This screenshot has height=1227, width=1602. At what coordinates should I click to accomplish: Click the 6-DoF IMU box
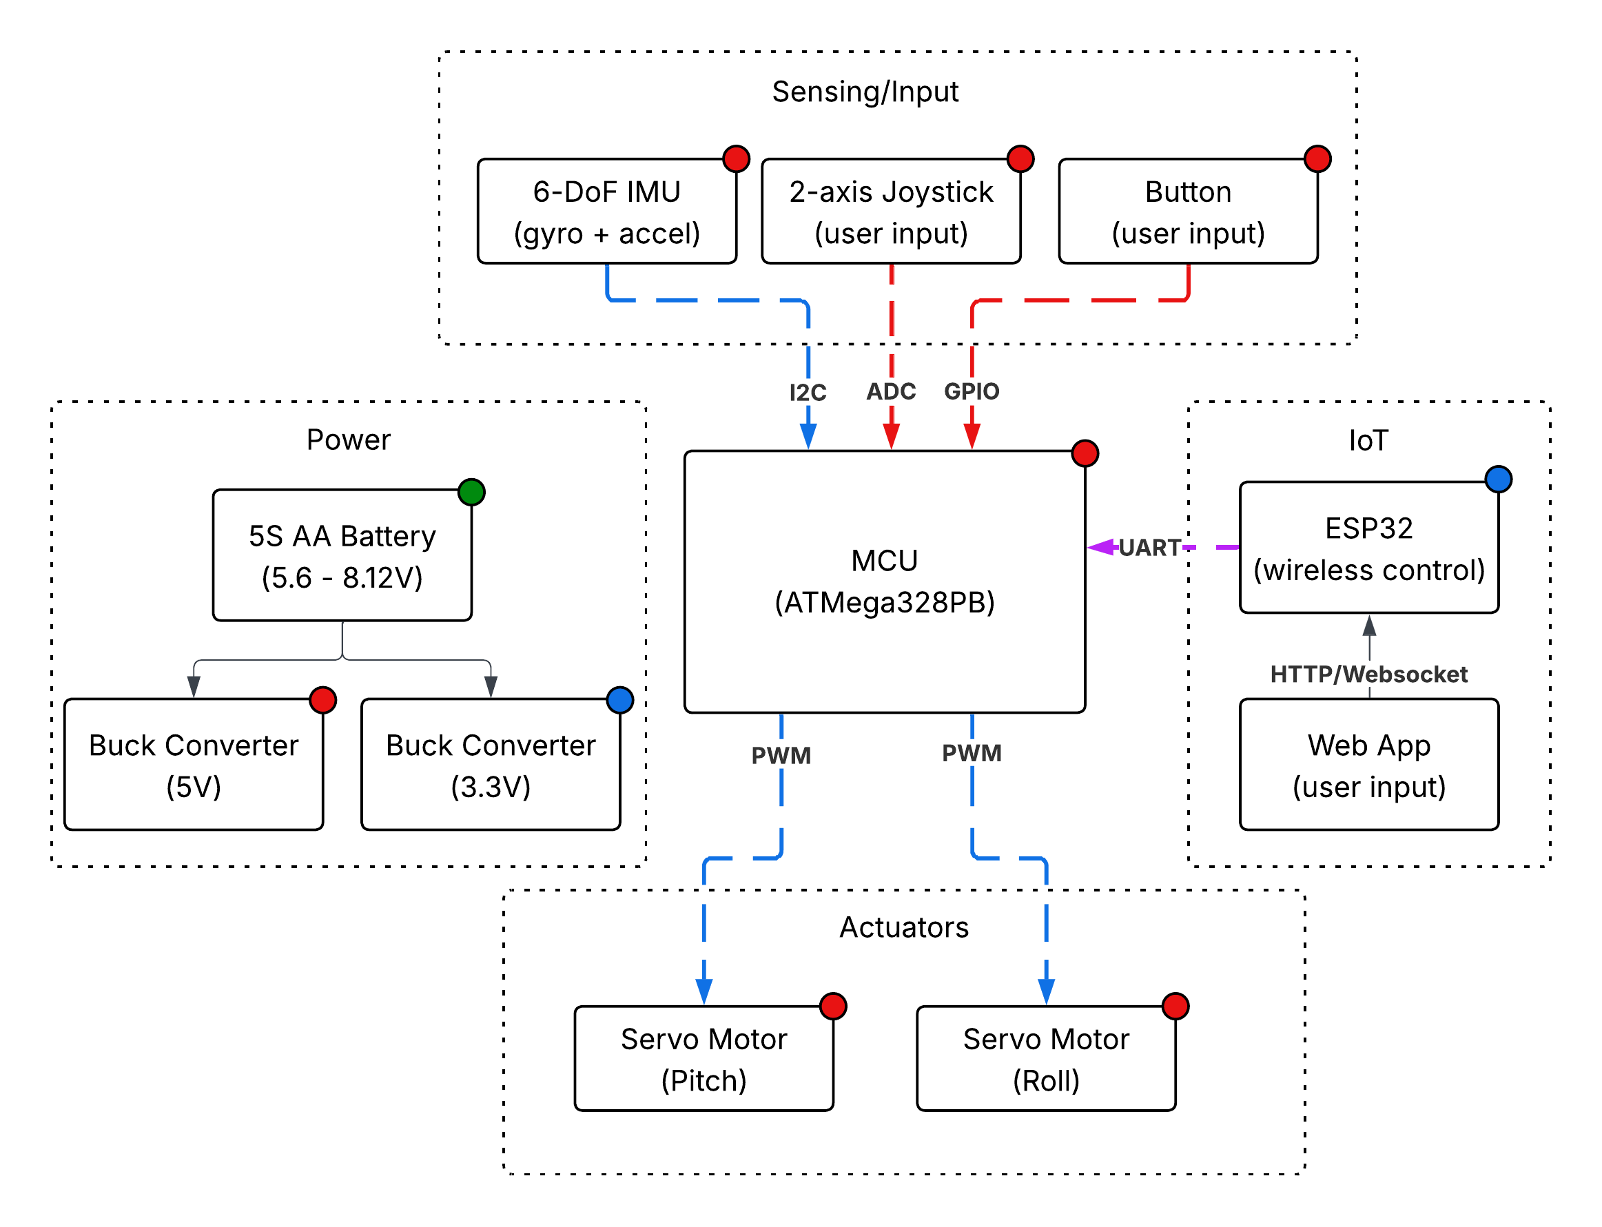(606, 212)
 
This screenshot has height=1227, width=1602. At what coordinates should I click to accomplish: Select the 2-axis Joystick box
(890, 212)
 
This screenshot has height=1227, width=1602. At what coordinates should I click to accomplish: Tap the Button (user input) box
(1188, 212)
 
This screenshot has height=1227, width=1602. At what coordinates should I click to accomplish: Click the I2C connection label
(808, 393)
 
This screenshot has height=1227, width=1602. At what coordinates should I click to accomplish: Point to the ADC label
(890, 391)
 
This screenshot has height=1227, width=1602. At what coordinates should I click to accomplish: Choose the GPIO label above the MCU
(971, 391)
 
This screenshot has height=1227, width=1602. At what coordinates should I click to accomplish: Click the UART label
(1149, 548)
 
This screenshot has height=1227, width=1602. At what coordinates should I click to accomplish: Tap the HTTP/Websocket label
(1368, 674)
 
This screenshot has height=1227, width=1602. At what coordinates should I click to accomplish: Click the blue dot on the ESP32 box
(1497, 479)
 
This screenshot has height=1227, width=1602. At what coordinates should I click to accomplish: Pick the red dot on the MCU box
(1085, 453)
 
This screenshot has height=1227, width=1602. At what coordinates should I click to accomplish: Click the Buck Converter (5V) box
(194, 765)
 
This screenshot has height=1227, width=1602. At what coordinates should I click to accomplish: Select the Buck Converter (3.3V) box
(490, 765)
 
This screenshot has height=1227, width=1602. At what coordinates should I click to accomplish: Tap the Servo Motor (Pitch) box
(704, 1058)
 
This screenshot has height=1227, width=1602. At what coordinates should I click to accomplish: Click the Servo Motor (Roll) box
(1045, 1058)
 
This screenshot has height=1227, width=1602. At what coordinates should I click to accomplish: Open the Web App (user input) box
(1368, 765)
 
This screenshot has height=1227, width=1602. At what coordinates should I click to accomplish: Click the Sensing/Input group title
(865, 92)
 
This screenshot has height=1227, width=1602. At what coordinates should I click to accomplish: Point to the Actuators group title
(903, 927)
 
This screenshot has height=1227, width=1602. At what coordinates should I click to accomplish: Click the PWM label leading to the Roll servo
(971, 753)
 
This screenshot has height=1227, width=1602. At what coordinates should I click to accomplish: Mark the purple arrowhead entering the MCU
(1100, 547)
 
